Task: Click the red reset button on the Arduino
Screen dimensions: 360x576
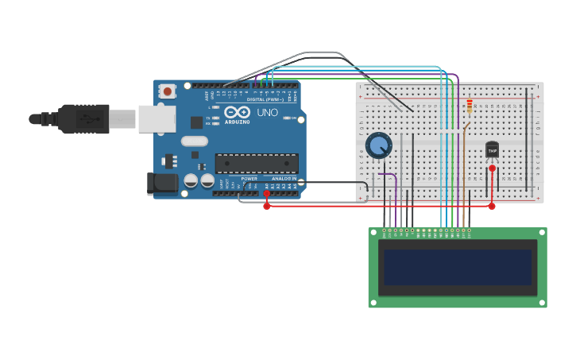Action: [x=167, y=91]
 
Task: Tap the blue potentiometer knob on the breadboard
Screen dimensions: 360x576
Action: [x=379, y=145]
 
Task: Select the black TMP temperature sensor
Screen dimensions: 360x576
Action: [x=492, y=149]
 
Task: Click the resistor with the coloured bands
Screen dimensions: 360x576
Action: [x=470, y=106]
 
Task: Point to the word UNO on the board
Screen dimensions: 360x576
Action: [x=268, y=113]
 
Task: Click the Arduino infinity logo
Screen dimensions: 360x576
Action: [x=237, y=112]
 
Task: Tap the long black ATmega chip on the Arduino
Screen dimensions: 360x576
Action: [x=257, y=163]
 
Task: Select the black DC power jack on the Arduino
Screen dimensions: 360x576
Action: [x=163, y=184]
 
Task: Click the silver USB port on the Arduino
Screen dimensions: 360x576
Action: [x=157, y=118]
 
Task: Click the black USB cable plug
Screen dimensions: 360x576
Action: [x=83, y=118]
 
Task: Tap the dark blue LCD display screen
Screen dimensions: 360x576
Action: [x=458, y=267]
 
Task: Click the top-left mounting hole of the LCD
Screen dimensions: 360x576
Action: [x=373, y=233]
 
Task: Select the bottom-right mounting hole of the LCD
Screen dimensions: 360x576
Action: [x=542, y=303]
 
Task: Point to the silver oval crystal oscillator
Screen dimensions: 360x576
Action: [x=194, y=141]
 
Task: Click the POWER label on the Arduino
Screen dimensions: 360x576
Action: [x=249, y=179]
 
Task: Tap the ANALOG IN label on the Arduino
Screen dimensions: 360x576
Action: [x=283, y=179]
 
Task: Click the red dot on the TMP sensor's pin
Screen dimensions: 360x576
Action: [x=492, y=168]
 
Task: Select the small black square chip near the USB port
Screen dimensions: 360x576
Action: [x=196, y=122]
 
